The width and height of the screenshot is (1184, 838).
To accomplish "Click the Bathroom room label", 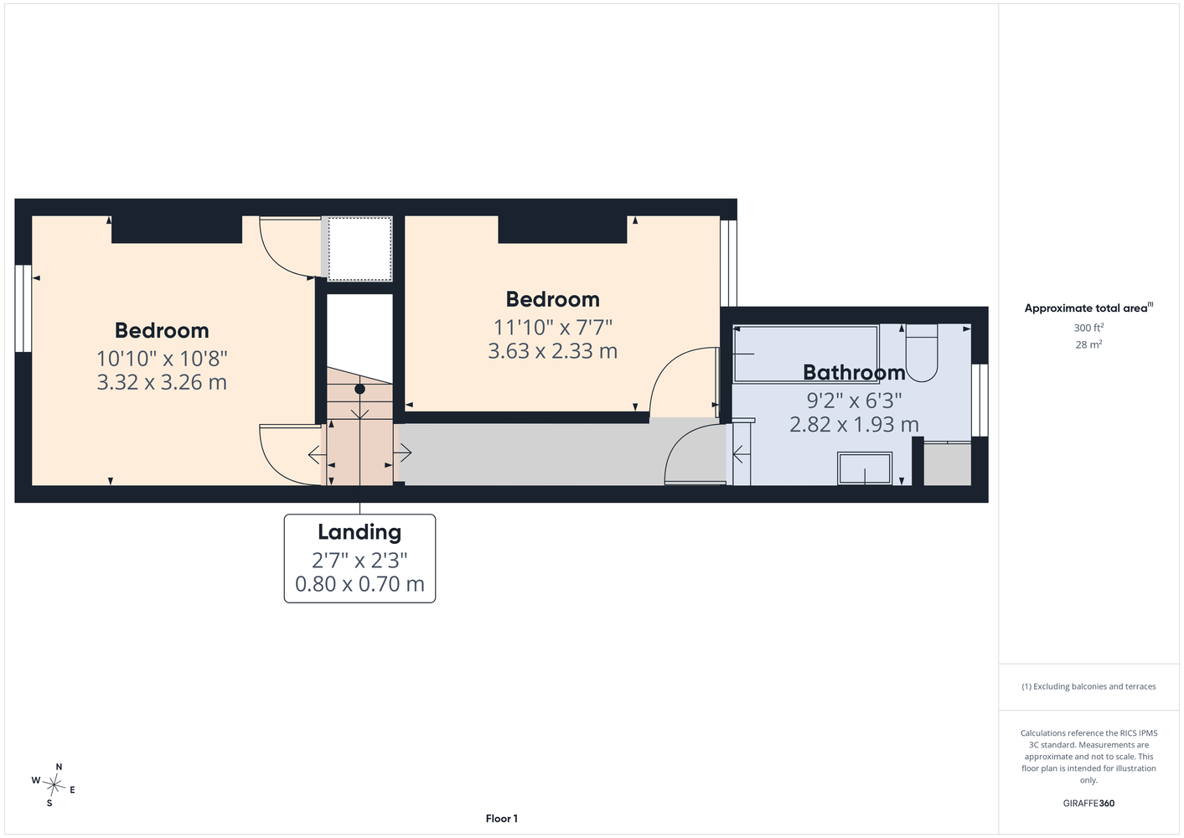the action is tap(854, 373).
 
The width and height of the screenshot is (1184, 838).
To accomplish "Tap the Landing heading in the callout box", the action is tap(359, 532).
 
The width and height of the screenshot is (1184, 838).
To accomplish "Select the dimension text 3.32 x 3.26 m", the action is tap(162, 382).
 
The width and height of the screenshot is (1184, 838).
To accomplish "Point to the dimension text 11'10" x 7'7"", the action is tap(552, 328).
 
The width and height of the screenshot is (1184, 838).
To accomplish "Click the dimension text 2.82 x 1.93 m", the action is tap(854, 425).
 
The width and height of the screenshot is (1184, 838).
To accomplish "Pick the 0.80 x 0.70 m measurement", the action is tap(359, 584).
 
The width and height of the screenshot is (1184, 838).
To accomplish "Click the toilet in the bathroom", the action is tap(921, 353).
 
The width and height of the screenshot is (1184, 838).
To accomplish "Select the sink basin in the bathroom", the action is tap(865, 468).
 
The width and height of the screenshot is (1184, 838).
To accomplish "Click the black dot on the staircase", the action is tap(360, 389).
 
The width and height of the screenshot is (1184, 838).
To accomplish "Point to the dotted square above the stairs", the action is tap(360, 249).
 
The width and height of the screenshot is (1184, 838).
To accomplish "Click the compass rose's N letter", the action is tap(59, 767).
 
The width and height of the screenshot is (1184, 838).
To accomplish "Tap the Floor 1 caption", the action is tap(502, 819).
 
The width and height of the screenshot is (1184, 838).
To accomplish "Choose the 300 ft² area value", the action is tap(1088, 328).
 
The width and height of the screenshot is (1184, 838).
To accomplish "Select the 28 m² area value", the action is tap(1088, 344).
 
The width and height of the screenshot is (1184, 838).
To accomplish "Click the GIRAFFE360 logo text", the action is tap(1088, 803).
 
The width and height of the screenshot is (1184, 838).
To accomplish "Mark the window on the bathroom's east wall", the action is tap(980, 401).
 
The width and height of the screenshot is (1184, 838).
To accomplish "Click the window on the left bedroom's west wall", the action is tap(23, 308).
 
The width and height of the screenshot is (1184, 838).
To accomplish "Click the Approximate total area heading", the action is tap(1088, 308).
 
